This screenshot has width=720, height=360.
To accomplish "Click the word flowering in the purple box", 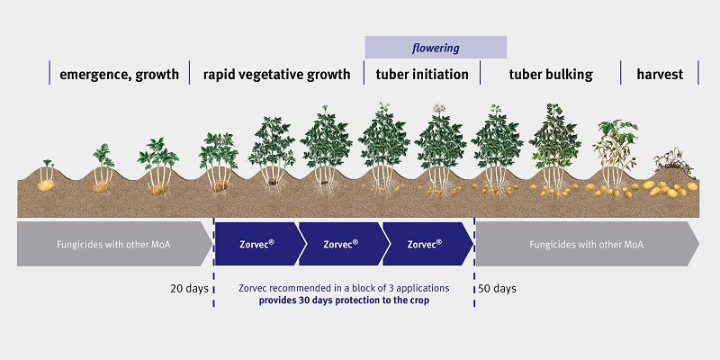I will point(436,48).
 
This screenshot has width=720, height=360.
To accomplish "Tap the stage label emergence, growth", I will point(119,75).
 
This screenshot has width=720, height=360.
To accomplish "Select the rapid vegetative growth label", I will point(276,75).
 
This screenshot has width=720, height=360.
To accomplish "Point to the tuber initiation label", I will point(422,75).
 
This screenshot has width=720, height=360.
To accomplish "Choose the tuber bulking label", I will point(551,75).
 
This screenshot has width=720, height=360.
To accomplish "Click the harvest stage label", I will point(660,75).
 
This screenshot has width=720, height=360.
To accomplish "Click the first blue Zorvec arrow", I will point(256,243).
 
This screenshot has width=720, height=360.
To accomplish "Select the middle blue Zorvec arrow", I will point(340,243).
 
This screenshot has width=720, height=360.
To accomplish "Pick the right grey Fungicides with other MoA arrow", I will point(586,243).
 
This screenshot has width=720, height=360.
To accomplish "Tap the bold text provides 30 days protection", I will point(344,301).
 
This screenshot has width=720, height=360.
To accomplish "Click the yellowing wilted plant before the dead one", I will point(614,148).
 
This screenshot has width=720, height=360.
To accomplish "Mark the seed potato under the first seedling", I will point(45,185).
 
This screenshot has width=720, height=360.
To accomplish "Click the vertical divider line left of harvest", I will point(621,74).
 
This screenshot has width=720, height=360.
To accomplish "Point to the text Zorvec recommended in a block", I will point(344,288).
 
